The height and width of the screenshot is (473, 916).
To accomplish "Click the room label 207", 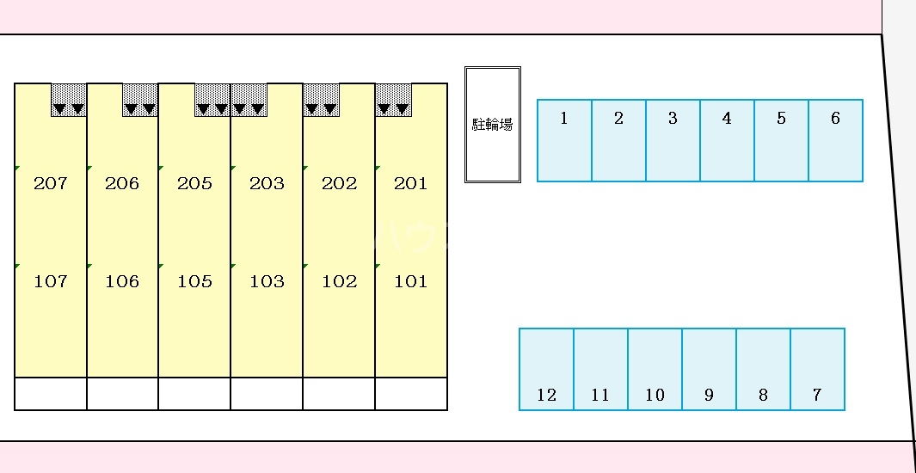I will pyautogui.click(x=50, y=183).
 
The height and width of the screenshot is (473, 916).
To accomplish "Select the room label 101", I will pyautogui.click(x=410, y=281).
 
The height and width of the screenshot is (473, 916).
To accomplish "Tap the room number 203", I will pyautogui.click(x=267, y=183).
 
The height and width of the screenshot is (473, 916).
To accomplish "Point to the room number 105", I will pyautogui.click(x=194, y=281).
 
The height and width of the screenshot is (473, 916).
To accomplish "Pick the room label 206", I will pyautogui.click(x=122, y=183).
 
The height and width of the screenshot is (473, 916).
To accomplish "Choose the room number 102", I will pyautogui.click(x=339, y=281).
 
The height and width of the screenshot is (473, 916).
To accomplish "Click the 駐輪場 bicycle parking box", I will pyautogui.click(x=493, y=125).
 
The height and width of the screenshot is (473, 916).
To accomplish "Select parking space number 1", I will pyautogui.click(x=564, y=140).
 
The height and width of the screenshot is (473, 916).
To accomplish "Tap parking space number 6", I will pyautogui.click(x=835, y=140).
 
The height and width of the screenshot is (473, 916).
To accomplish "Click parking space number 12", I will pyautogui.click(x=546, y=369).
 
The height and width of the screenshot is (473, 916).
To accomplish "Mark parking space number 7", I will pyautogui.click(x=817, y=369).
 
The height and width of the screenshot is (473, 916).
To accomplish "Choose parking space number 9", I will pyautogui.click(x=709, y=369).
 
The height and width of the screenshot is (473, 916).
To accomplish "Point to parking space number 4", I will pyautogui.click(x=727, y=140).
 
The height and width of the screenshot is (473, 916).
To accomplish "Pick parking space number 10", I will pyautogui.click(x=655, y=369).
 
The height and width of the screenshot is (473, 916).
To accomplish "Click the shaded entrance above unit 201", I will pyautogui.click(x=393, y=100).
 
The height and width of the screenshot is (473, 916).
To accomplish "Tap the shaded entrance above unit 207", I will pyautogui.click(x=69, y=100).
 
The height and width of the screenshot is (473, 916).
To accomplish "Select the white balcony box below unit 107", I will pyautogui.click(x=51, y=393).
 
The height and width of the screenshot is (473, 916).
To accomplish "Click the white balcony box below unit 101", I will pyautogui.click(x=411, y=393).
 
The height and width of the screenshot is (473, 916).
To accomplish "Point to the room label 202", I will pyautogui.click(x=339, y=183).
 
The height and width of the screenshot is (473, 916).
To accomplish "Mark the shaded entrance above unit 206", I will pyautogui.click(x=140, y=100).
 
